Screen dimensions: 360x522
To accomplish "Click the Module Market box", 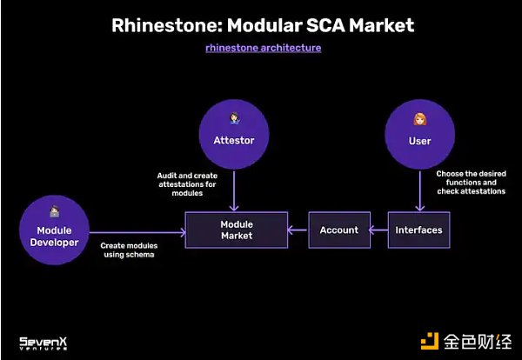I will [236, 230].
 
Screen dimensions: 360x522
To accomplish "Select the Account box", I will [338, 230].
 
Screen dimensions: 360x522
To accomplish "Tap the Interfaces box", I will [418, 230].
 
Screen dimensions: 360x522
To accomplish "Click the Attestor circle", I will [232, 132].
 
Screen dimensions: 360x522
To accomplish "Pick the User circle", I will [419, 132].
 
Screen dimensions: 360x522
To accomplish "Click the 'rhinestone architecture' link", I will [263, 48].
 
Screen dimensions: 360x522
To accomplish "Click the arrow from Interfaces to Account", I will [378, 230].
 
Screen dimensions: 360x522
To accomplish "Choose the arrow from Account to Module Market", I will [298, 230].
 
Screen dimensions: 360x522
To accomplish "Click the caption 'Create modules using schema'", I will [127, 250].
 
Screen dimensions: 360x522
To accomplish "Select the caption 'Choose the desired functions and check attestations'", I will [470, 183].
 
